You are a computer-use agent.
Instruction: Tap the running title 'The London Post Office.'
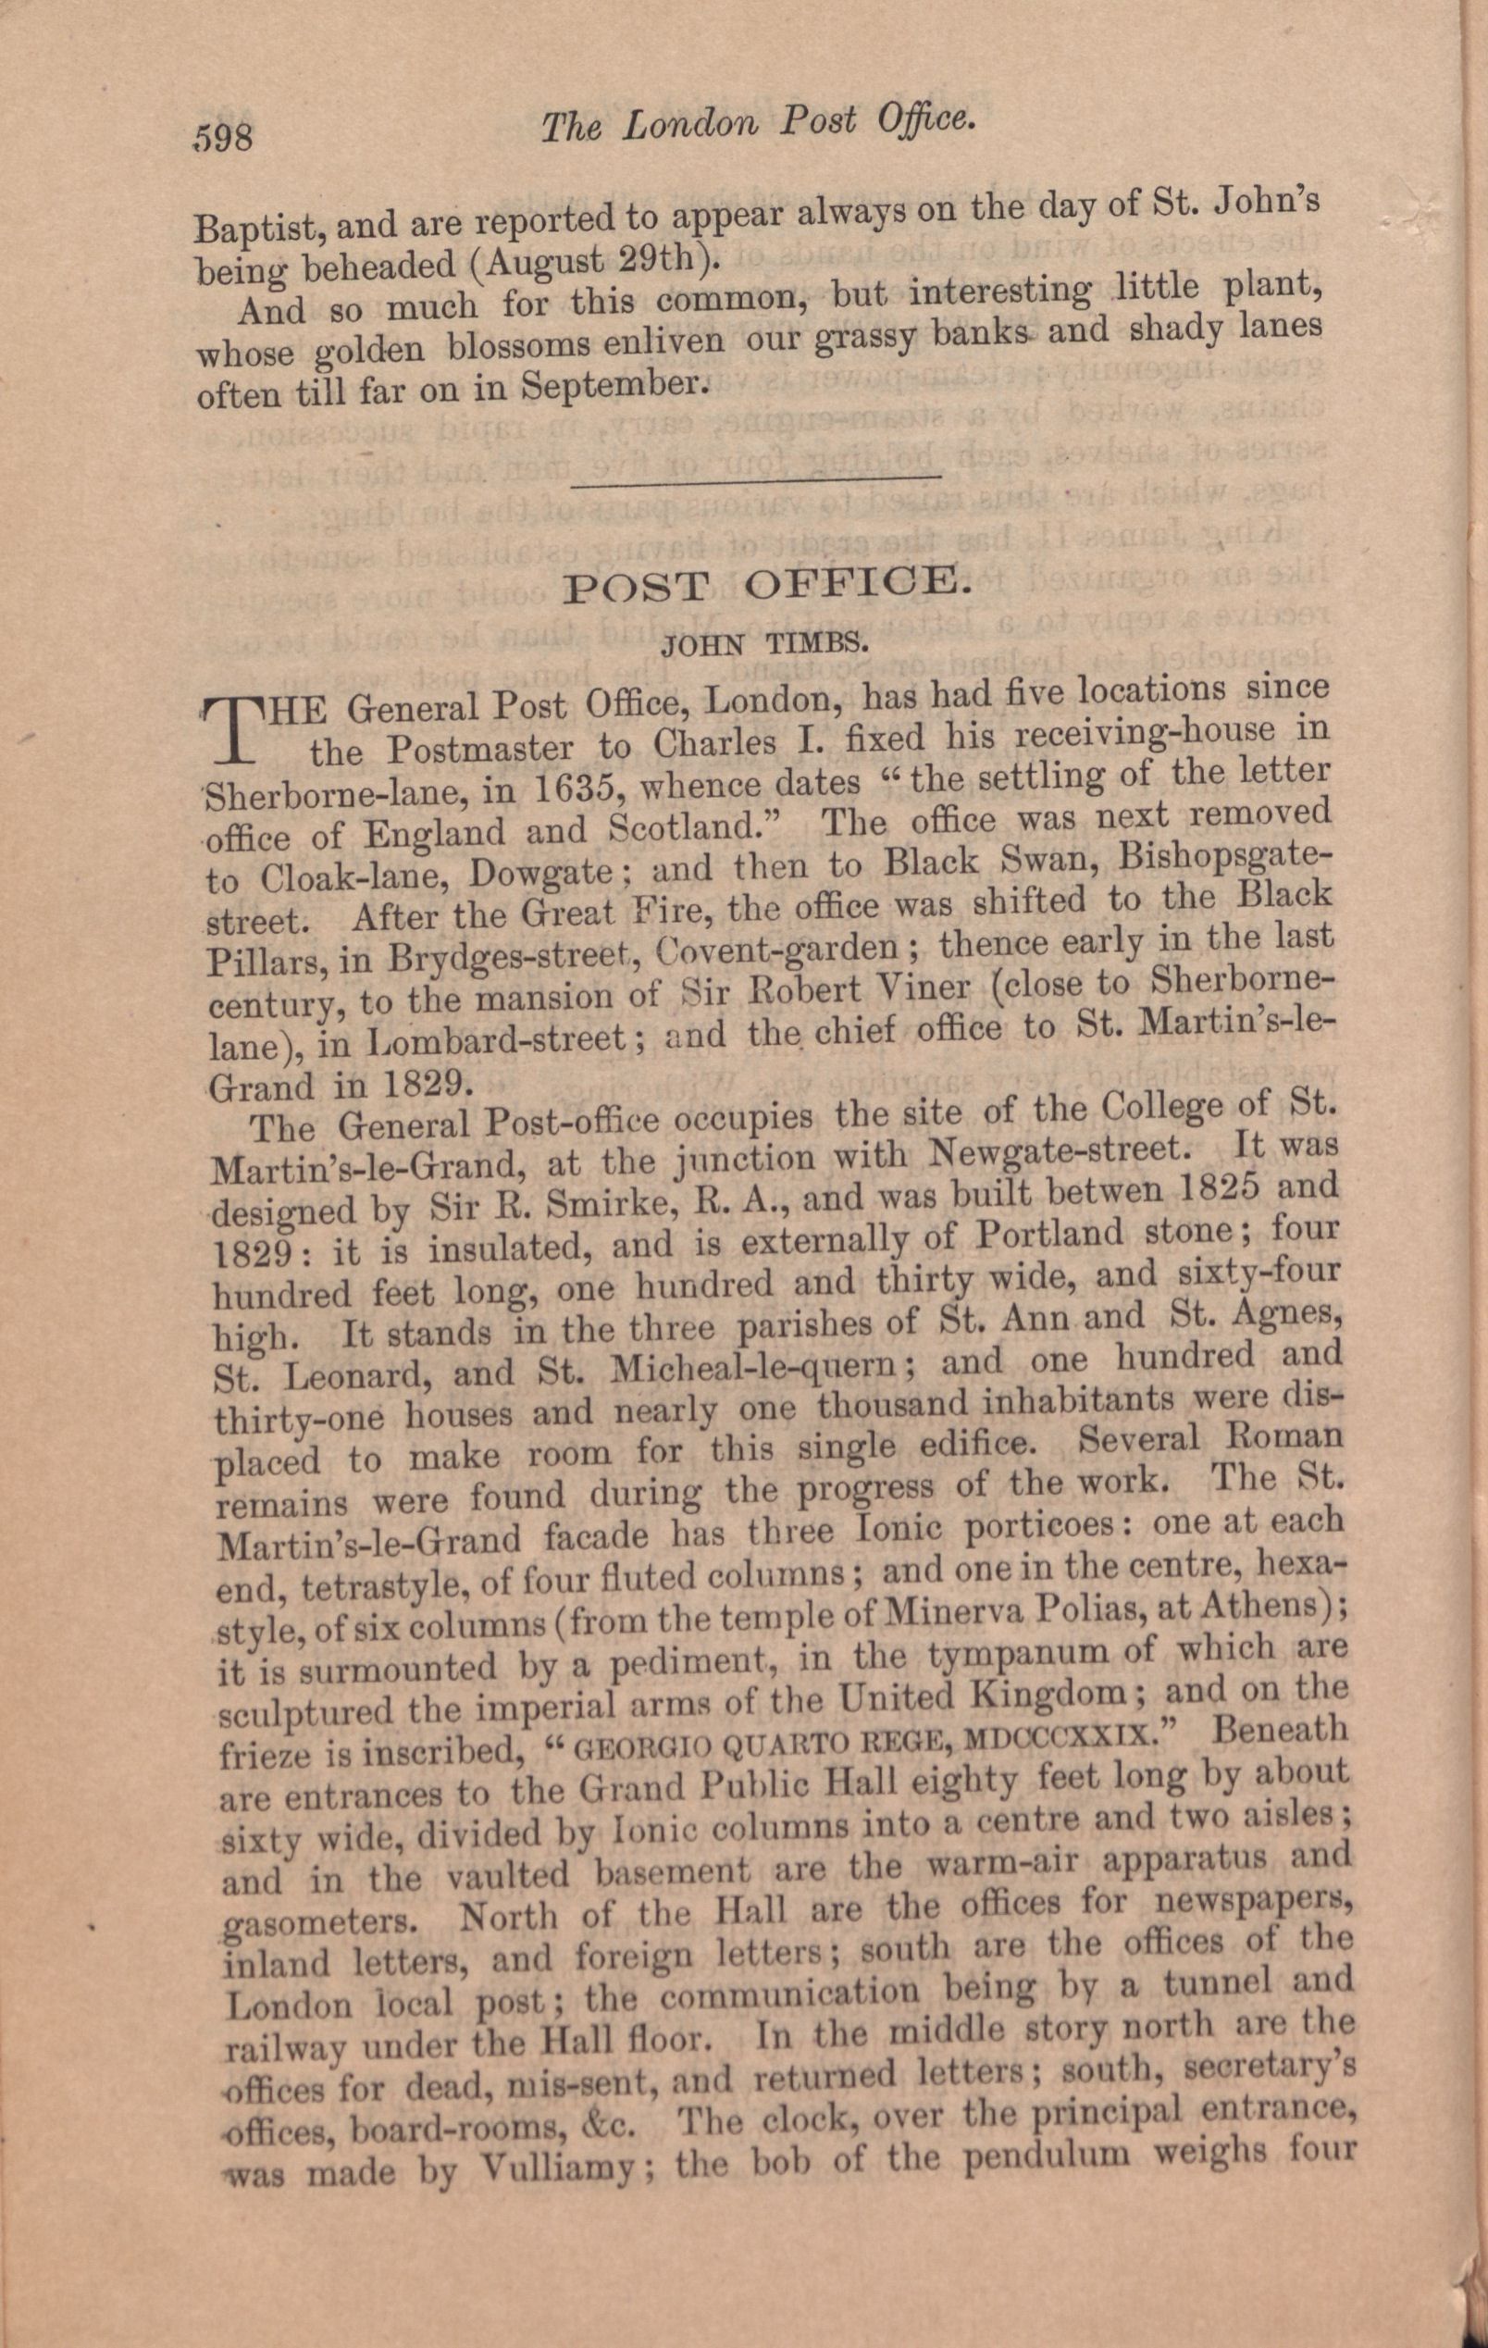(x=758, y=124)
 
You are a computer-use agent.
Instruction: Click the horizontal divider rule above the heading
(x=757, y=476)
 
